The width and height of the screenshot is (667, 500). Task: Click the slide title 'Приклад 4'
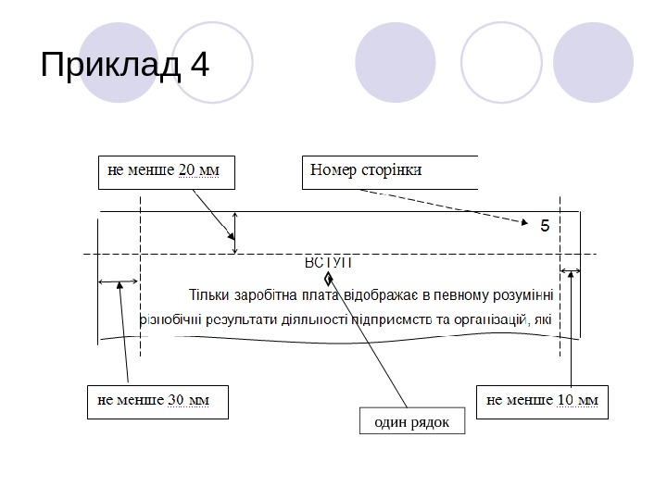click(x=126, y=66)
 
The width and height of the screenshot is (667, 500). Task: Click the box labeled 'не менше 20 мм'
click(x=165, y=171)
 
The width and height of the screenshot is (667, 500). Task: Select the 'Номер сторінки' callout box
click(x=389, y=171)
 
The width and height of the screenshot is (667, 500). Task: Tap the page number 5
click(x=545, y=225)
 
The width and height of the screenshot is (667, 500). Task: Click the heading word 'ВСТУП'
click(x=329, y=263)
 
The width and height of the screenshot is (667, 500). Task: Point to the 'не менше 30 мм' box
click(x=157, y=402)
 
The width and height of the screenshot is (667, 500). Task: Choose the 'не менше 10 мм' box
click(x=542, y=402)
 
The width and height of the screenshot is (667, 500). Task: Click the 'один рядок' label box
click(x=411, y=422)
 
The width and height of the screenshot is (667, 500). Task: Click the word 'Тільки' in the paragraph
click(x=211, y=296)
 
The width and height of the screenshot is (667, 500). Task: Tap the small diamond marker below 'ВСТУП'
click(x=329, y=278)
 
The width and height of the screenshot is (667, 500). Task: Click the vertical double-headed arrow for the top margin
click(x=235, y=232)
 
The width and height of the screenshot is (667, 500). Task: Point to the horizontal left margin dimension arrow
click(x=119, y=281)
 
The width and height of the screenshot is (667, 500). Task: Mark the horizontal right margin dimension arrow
click(x=571, y=271)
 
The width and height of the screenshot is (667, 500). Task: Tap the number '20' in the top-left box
click(x=186, y=170)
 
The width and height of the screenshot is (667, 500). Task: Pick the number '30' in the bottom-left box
click(x=177, y=401)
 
